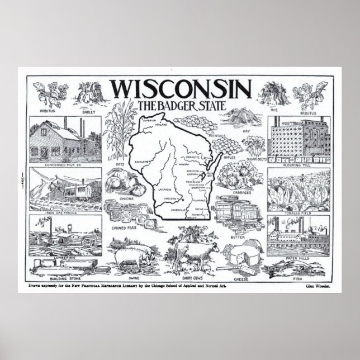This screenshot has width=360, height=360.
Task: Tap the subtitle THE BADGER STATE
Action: coord(180,106)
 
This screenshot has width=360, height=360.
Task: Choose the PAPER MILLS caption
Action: coord(297,259)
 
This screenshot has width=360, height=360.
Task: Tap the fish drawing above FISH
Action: coord(291,270)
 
